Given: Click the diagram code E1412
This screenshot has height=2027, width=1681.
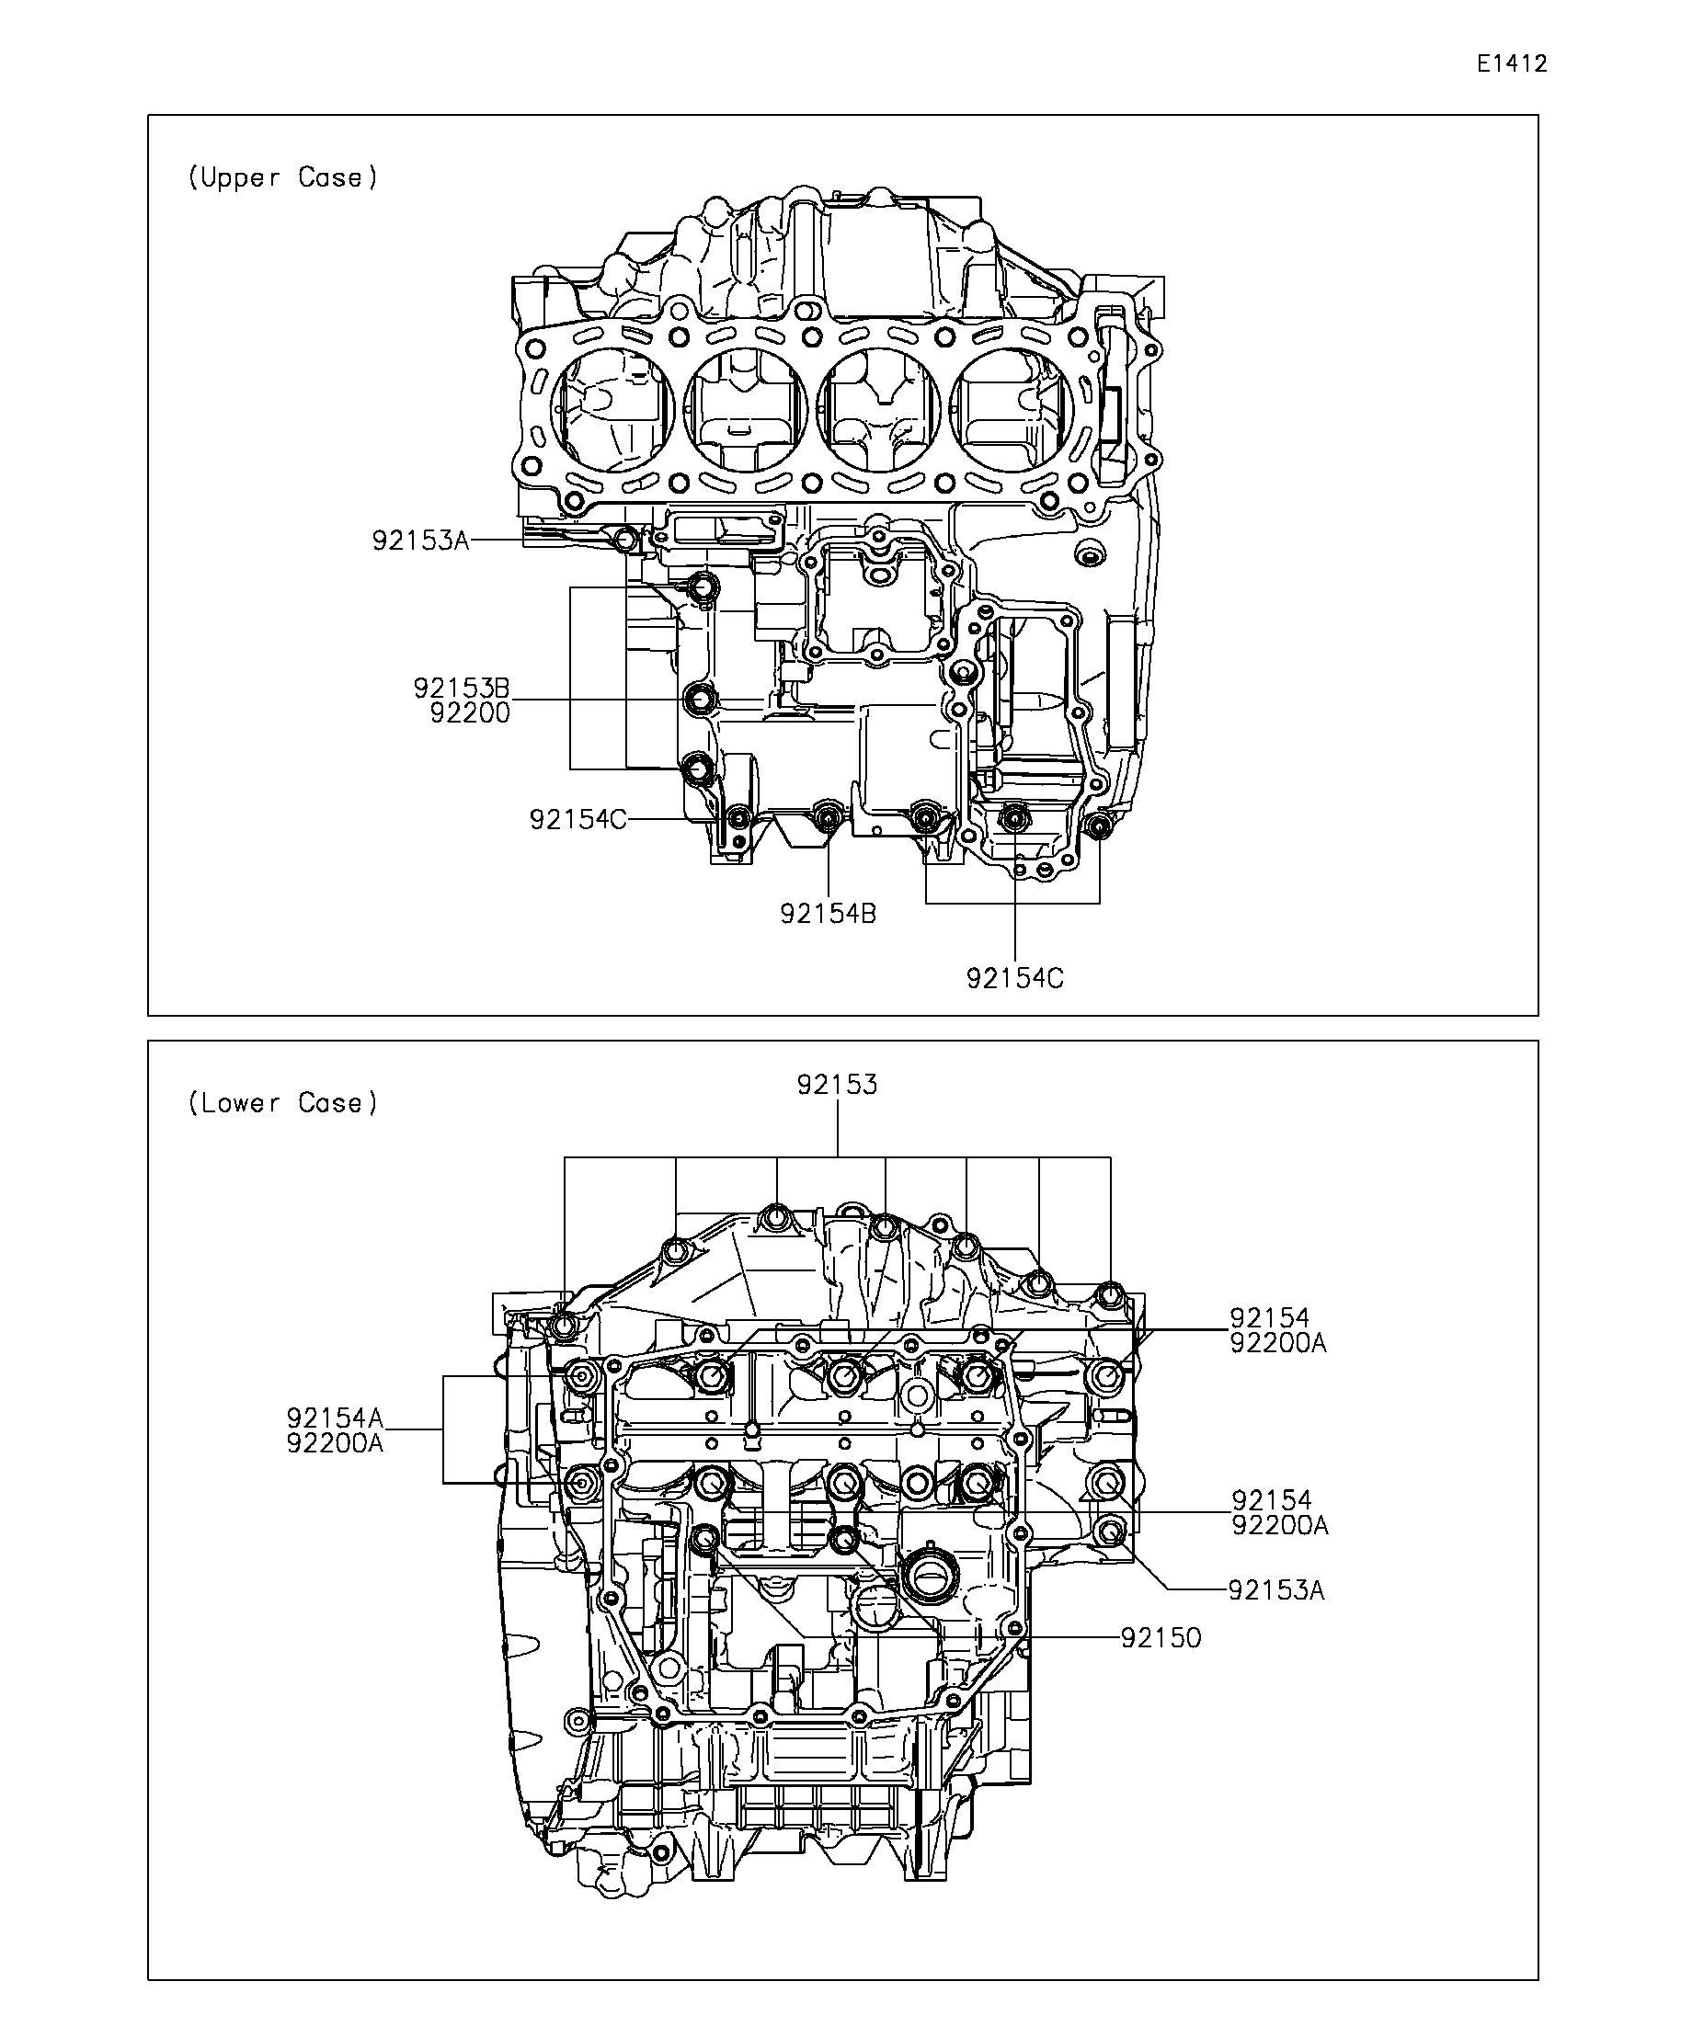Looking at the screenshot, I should (x=1511, y=63).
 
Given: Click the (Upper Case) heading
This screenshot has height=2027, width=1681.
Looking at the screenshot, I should (x=283, y=177).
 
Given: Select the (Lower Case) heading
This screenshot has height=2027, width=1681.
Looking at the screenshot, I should (x=283, y=1102).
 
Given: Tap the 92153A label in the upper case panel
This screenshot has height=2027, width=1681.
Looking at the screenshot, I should (x=420, y=541).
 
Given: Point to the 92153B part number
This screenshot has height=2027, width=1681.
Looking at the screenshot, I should (x=462, y=689).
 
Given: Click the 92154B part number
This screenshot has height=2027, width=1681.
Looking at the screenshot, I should (x=829, y=913).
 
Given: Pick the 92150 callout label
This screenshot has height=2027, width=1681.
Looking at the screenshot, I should (x=1161, y=1637).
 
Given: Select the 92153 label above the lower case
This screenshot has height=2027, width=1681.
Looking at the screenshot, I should (x=837, y=1085).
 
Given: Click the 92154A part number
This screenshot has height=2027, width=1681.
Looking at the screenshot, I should (x=335, y=1418).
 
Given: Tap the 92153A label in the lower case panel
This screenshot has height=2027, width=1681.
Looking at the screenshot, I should (x=1275, y=1589).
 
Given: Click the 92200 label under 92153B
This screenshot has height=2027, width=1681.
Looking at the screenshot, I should (x=470, y=713).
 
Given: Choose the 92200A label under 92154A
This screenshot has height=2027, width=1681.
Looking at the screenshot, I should (x=335, y=1443).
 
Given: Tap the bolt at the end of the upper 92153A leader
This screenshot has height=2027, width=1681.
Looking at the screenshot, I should (x=625, y=539).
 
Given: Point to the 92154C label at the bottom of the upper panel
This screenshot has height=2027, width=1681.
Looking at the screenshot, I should (x=1015, y=979).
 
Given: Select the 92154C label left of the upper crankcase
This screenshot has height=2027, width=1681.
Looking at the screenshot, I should (x=577, y=819).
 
